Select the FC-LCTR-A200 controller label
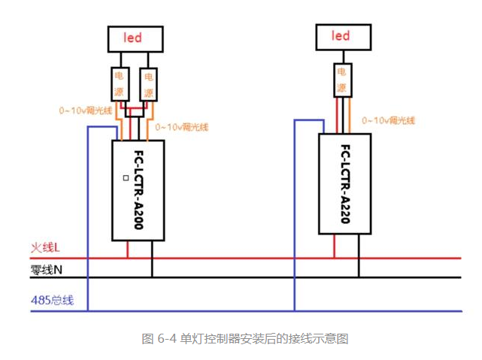(x=138, y=189)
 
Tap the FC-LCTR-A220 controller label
(x=345, y=184)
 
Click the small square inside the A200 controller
(x=126, y=178)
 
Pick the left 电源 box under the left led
(x=120, y=84)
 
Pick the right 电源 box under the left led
(x=149, y=85)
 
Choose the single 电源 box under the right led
(x=343, y=80)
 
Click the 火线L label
(x=45, y=247)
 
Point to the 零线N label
(x=47, y=270)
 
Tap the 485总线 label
(x=52, y=300)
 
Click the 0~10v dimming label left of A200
(x=86, y=110)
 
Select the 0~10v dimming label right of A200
(x=182, y=127)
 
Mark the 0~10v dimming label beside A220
(x=388, y=120)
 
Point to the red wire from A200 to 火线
(x=128, y=249)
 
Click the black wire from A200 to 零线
(x=152, y=259)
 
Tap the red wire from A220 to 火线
(x=335, y=246)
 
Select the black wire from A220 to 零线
(x=359, y=256)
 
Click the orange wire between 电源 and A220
(x=349, y=116)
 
